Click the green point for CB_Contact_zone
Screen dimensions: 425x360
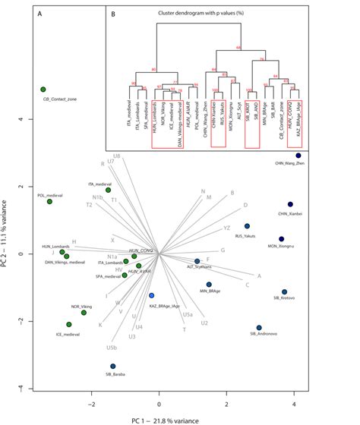click(x=43, y=90)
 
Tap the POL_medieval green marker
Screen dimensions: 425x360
click(x=49, y=201)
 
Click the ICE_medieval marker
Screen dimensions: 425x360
click(x=69, y=325)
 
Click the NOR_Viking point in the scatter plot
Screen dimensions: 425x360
click(x=84, y=313)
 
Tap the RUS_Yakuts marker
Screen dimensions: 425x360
click(x=247, y=226)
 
